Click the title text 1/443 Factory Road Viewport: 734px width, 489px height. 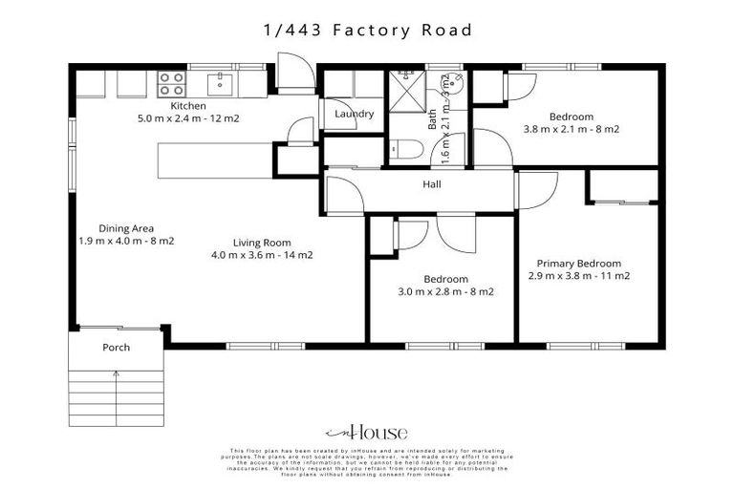click(368, 31)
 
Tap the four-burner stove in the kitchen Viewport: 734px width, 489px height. click(172, 83)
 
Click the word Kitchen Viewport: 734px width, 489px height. click(189, 106)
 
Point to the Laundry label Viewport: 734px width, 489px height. click(354, 115)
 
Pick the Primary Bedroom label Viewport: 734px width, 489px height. click(578, 264)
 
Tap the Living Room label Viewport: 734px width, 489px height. click(262, 243)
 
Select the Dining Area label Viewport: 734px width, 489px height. click(126, 228)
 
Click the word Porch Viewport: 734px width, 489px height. click(116, 348)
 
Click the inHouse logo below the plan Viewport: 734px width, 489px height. click(367, 432)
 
